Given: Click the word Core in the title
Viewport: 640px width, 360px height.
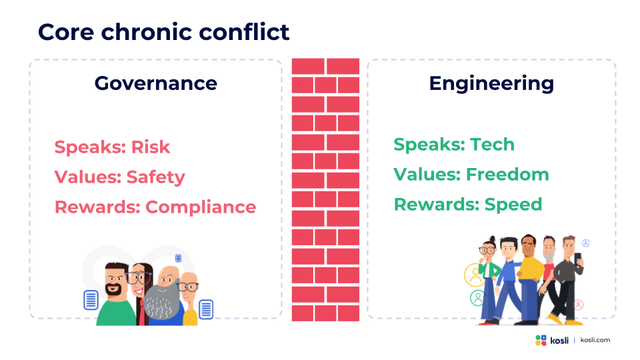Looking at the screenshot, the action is [66, 32].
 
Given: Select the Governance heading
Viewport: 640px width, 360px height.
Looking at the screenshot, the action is [156, 83].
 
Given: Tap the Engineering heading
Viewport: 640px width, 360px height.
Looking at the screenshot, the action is [491, 84].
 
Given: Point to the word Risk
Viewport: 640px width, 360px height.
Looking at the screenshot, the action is [150, 147].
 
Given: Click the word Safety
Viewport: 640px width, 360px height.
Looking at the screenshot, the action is [155, 177].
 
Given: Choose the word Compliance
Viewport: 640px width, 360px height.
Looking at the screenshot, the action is [201, 207].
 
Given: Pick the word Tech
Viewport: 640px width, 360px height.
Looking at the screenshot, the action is [492, 145].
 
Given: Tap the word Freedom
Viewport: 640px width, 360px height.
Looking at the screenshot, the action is [507, 174].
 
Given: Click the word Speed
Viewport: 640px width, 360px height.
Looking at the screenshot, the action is [513, 205].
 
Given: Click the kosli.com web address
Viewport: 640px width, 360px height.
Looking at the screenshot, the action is [595, 340].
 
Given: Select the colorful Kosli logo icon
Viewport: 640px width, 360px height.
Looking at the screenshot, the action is [541, 341].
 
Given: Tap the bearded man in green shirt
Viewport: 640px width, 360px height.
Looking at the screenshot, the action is [116, 294].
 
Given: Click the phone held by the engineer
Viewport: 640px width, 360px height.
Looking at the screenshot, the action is [577, 259].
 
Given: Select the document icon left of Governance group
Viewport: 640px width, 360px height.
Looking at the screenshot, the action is [91, 300].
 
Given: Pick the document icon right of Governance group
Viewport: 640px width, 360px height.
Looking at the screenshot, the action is [206, 309].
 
